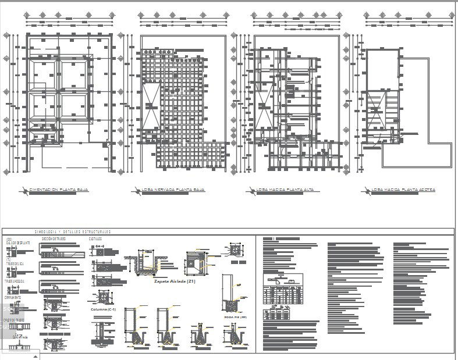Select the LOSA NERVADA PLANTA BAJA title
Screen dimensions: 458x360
point(173,190)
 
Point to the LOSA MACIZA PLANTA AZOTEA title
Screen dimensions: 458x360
point(403,190)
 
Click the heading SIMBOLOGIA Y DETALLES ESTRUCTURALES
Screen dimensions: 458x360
point(73,232)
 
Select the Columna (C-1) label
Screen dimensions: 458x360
point(104,309)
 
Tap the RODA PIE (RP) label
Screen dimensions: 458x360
point(236,317)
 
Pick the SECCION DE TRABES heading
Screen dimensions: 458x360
point(54,238)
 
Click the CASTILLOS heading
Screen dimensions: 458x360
point(95,238)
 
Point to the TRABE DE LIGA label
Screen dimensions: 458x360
point(16,263)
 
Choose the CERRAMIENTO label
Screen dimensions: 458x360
point(13,297)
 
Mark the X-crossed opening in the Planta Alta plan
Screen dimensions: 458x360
point(262,109)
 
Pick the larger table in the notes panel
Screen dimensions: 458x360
point(283,288)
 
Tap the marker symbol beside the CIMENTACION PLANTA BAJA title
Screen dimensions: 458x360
point(23,190)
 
